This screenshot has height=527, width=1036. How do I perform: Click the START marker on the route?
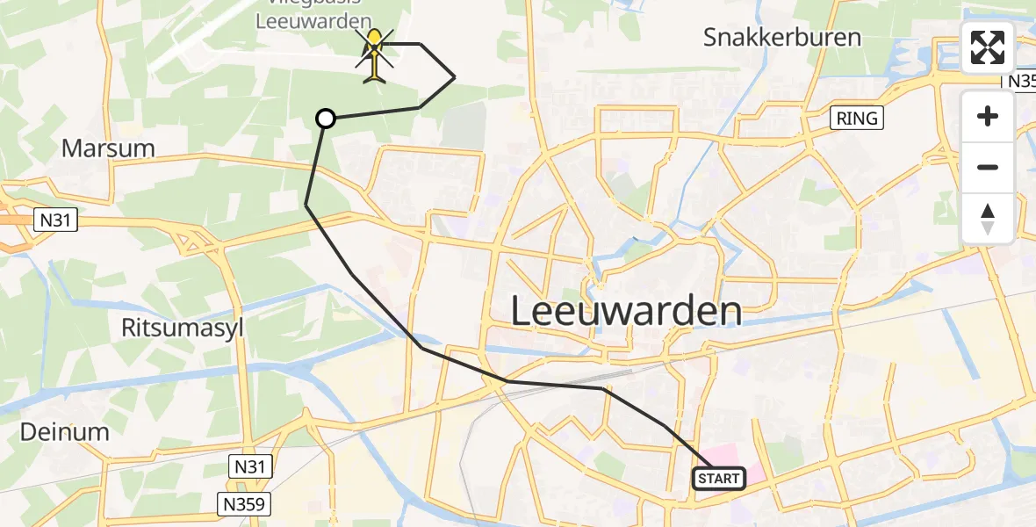[x=719, y=479]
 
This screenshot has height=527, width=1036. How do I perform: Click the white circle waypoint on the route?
[x=326, y=119]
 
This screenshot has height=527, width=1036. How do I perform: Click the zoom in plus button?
[x=988, y=117]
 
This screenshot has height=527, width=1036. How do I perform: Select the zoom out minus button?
[x=988, y=167]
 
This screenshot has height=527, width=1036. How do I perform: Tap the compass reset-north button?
[x=988, y=218]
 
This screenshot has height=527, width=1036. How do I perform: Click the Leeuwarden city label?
[x=626, y=311]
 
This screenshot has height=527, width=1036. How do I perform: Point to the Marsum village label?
[x=108, y=148]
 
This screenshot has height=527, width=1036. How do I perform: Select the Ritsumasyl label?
[x=183, y=328]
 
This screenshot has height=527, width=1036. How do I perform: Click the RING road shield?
[x=856, y=118]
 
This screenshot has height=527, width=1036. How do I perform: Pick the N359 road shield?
[x=244, y=503]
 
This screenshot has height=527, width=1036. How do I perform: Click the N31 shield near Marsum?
[x=54, y=220]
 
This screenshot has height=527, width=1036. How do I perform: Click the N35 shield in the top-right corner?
[x=1020, y=81]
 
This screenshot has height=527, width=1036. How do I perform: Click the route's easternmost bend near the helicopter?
[x=454, y=77]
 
